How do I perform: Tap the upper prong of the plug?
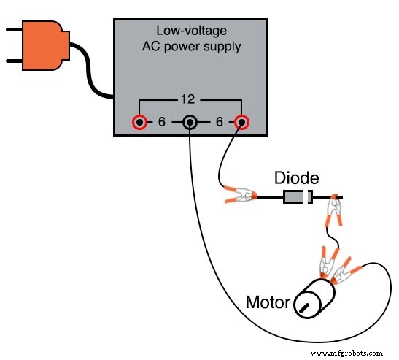14,31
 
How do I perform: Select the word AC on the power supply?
151,46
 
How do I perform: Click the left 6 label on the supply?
162,122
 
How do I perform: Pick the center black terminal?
190,123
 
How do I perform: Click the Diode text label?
295,178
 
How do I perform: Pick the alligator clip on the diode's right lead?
334,212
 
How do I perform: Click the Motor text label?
268,302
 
